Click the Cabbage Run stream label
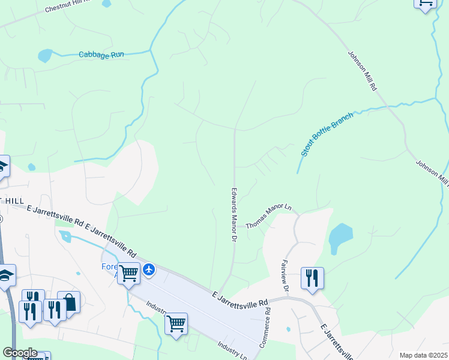[101, 55]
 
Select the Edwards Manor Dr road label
[233, 214]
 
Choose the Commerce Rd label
[264, 328]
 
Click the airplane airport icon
[149, 271]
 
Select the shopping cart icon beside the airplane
[129, 274]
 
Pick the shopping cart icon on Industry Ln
[176, 324]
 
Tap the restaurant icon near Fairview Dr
[312, 278]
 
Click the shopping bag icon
[70, 302]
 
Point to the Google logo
[19, 353]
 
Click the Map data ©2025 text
[423, 355]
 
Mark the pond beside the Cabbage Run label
[45, 56]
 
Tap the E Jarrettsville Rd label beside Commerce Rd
[239, 298]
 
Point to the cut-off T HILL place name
[11, 200]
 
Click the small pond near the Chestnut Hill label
[107, 3]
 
